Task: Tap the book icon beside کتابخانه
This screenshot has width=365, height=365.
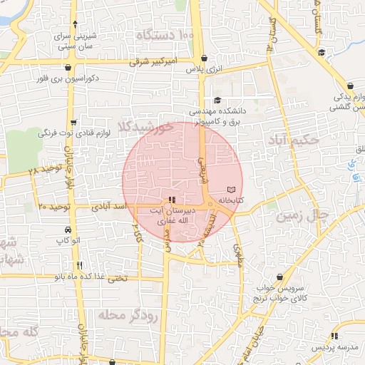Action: pos(230,190)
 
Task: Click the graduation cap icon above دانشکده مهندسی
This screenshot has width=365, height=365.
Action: pos(217,101)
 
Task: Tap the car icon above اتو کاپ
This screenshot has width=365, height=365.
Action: pos(67,231)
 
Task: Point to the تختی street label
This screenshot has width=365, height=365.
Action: pos(117,277)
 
